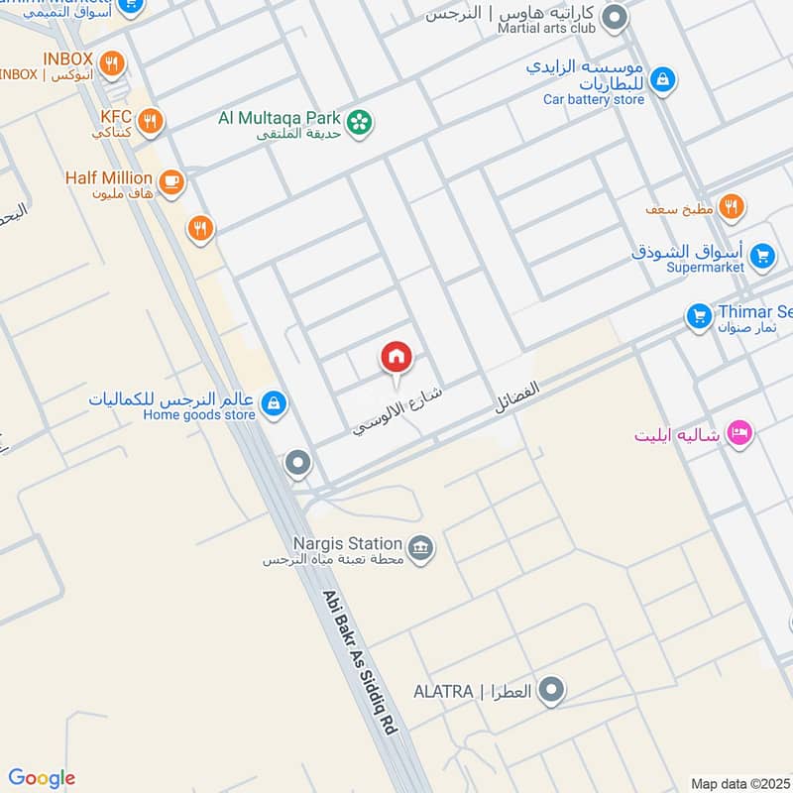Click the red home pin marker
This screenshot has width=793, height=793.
click(396, 357)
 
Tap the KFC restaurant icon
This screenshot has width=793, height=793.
click(151, 122)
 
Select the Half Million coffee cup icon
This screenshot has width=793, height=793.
click(171, 180)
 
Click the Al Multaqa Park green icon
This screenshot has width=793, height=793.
click(361, 122)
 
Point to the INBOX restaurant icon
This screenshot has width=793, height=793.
click(114, 63)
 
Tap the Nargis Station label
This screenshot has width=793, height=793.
click(347, 544)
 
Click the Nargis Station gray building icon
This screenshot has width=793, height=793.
click(421, 547)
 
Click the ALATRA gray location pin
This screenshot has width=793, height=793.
click(553, 689)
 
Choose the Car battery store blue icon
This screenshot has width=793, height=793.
click(663, 78)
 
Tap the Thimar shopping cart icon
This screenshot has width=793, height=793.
click(700, 317)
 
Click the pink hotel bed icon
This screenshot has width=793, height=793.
click(739, 433)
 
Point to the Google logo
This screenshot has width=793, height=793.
click(42, 778)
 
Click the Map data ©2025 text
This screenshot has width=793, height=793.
click(737, 783)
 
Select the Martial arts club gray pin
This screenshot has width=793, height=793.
click(616, 17)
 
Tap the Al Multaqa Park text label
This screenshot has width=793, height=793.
click(282, 118)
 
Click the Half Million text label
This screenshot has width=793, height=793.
click(109, 178)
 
